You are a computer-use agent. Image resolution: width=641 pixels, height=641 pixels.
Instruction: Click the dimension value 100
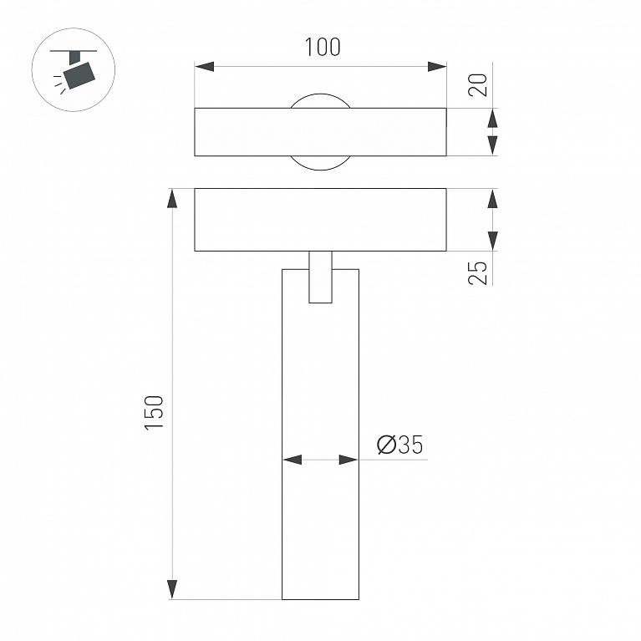click(x=322, y=48)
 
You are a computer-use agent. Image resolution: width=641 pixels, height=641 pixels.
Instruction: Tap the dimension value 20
click(x=478, y=85)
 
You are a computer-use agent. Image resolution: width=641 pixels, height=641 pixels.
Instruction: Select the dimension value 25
click(x=478, y=272)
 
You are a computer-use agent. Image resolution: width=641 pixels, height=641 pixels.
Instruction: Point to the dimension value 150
click(x=155, y=412)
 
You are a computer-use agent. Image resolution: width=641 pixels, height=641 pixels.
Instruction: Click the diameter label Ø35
click(x=400, y=445)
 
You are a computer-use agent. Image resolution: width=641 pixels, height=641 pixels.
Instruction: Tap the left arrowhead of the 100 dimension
click(x=205, y=66)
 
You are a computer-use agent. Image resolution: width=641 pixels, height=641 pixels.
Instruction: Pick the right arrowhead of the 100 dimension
click(x=436, y=66)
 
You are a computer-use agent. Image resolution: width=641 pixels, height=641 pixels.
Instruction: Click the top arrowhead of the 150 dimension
click(x=173, y=199)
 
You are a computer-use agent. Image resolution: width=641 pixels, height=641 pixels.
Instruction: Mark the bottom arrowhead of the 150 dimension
click(x=173, y=588)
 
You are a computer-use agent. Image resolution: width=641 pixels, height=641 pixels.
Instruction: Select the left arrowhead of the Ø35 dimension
click(x=293, y=459)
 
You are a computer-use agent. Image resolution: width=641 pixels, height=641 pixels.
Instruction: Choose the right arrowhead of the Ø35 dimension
click(x=348, y=459)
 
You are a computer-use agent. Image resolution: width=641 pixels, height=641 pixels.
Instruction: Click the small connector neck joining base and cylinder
click(x=320, y=277)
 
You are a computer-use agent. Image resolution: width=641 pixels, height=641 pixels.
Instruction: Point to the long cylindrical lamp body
click(x=320, y=451)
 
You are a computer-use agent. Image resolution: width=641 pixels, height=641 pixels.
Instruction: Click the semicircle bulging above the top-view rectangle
click(x=320, y=100)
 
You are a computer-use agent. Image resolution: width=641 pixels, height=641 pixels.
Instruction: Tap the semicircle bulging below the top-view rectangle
click(x=320, y=162)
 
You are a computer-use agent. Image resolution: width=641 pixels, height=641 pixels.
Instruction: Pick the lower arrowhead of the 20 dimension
click(x=492, y=145)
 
